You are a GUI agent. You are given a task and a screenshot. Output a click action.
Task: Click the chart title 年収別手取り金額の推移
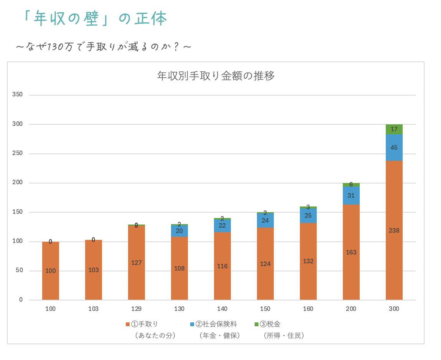[x=216, y=76]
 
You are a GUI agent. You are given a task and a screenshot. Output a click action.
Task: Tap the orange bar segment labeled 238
[x=394, y=230]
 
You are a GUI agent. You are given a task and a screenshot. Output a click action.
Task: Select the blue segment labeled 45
[x=394, y=148]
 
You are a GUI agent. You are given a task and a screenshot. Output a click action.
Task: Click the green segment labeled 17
[x=394, y=129]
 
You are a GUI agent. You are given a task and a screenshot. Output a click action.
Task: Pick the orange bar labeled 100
[x=51, y=271]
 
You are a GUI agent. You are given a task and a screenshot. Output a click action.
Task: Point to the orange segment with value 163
[x=351, y=252]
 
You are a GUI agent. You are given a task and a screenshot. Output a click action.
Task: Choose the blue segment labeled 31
[x=351, y=195]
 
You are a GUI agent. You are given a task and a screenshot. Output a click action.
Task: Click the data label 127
[x=137, y=263]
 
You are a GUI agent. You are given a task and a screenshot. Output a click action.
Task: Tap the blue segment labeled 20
[x=179, y=231]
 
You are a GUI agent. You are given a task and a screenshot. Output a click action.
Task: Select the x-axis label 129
[x=137, y=309]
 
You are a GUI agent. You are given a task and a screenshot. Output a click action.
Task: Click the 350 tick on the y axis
[x=18, y=94]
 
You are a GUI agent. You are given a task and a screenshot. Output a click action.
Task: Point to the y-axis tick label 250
[x=18, y=153]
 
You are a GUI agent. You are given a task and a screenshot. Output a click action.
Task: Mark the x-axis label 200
[x=351, y=309]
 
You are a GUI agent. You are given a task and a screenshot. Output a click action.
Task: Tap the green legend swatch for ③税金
[x=257, y=324]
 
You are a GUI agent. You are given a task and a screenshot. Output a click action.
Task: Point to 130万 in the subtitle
[x=56, y=47]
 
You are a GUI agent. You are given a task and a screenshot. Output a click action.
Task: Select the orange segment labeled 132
[x=308, y=261]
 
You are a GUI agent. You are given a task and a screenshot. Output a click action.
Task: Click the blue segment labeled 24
[x=265, y=221]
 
